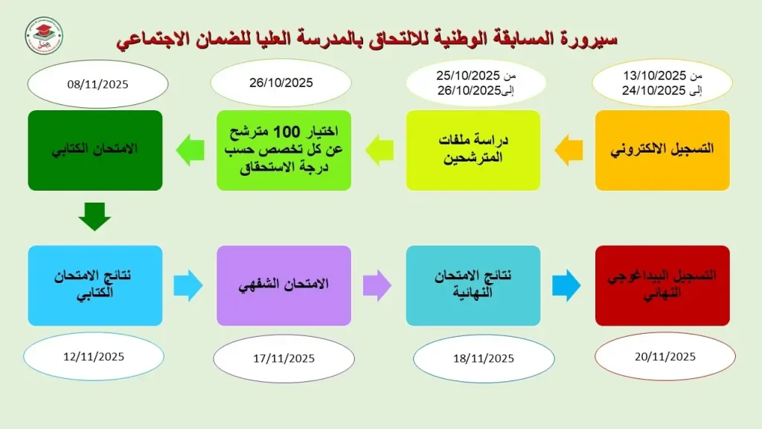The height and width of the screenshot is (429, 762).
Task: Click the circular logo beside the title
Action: coord(44,36)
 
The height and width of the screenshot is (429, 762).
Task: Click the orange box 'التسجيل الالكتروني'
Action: coord(662,150)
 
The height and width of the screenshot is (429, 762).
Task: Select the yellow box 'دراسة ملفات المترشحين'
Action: coord(473,150)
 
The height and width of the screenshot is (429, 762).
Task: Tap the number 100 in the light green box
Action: coord(287,131)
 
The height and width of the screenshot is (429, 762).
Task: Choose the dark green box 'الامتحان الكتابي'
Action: coord(95,150)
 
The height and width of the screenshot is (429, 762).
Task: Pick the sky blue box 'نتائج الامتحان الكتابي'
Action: coord(95,285)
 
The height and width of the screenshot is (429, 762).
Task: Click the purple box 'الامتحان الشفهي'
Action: coord(284,285)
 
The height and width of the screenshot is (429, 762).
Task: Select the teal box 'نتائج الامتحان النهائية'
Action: coord(473,285)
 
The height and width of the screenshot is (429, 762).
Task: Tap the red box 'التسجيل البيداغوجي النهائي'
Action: coord(662,285)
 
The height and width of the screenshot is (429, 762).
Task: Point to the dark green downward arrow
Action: coord(95,217)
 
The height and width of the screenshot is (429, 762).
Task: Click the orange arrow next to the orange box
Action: coord(569,150)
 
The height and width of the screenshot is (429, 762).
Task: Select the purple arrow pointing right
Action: coord(377,285)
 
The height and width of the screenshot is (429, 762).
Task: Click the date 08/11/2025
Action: coord(97,84)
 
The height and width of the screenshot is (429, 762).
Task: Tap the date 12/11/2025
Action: coord(94,357)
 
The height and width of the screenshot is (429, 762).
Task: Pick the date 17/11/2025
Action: coord(284,358)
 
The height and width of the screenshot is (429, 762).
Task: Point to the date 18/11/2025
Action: coord(484,358)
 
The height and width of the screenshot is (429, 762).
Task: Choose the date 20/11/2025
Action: coord(665,357)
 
